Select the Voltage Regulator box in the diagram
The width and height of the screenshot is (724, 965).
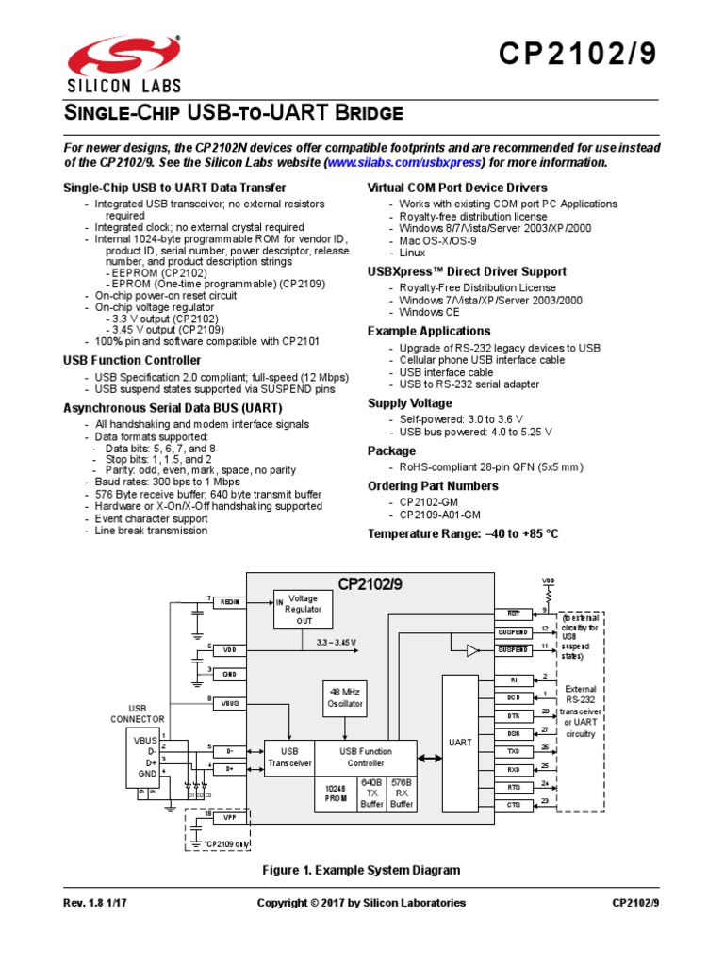[303, 609]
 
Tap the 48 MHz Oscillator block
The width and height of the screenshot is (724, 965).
[344, 698]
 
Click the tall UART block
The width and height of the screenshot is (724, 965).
[460, 743]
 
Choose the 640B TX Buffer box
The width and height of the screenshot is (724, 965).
[371, 793]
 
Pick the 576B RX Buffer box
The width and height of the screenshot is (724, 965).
[403, 793]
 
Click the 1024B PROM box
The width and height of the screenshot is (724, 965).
[336, 793]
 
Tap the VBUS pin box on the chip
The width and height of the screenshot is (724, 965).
[229, 703]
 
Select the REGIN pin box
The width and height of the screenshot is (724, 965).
[229, 601]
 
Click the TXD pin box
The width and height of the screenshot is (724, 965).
[513, 752]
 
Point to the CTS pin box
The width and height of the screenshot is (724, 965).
[513, 805]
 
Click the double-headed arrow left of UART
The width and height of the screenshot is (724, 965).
[429, 757]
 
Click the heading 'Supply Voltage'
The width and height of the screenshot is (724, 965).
[409, 403]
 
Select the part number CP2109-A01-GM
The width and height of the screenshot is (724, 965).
[439, 515]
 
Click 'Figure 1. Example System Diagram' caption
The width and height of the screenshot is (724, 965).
[361, 870]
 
